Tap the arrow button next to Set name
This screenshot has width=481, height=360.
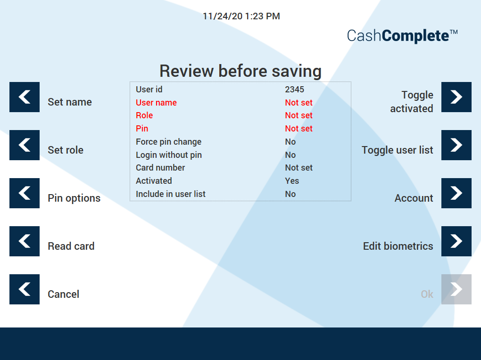point(25,97)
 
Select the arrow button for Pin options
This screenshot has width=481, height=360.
point(25,193)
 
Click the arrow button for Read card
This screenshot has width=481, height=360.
point(25,241)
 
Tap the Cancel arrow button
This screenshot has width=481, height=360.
point(25,289)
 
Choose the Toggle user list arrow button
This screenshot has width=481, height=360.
point(456,145)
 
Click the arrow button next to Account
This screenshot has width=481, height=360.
point(456,193)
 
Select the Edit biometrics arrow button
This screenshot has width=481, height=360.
point(456,241)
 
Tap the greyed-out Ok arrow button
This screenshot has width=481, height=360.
point(456,289)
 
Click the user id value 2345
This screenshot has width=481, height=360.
point(294,90)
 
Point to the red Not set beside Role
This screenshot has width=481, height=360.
point(299,115)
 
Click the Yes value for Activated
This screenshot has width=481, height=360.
point(292,181)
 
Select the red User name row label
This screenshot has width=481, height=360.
point(156,102)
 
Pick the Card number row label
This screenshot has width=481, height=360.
point(160,168)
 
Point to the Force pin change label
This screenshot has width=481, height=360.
point(169,142)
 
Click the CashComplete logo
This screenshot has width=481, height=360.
point(402,35)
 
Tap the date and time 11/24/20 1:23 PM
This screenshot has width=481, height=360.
point(241,16)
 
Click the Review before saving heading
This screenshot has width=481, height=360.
point(240,71)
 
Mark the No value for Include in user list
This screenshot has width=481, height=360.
point(290,194)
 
